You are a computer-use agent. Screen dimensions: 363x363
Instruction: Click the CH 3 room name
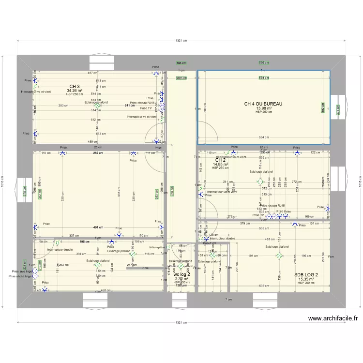[74, 87]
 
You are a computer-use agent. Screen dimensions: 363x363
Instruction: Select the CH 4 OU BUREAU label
[263, 104]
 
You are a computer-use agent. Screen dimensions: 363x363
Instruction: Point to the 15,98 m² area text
[264, 108]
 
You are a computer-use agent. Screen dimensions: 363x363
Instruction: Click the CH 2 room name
[220, 160]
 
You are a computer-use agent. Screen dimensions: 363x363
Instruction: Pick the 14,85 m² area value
[220, 164]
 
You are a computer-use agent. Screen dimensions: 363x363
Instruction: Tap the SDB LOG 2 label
[306, 275]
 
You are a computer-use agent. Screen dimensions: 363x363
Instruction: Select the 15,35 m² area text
[306, 279]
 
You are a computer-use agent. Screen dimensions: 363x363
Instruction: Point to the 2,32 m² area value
[181, 279]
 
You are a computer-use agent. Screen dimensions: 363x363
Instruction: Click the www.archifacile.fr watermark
[333, 318]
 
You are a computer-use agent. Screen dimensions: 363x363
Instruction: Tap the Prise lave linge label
[19, 272]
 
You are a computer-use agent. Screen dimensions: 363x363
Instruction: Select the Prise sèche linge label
[20, 276]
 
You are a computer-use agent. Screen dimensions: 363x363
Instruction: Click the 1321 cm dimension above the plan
[181, 41]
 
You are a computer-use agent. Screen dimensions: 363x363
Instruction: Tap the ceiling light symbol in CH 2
[260, 182]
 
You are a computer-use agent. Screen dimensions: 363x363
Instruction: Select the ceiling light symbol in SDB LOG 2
[279, 256]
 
